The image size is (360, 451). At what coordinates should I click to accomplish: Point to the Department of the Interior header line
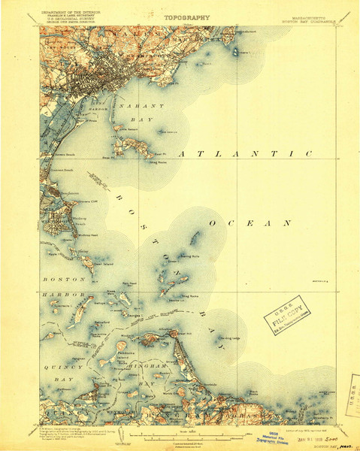click(74, 12)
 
